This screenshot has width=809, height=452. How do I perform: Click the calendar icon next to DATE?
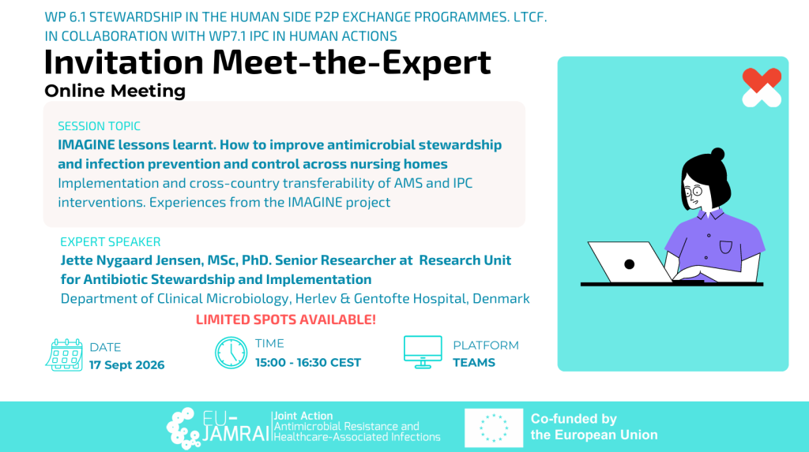pos(64,355)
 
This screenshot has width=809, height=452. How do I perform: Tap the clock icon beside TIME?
pos(231,353)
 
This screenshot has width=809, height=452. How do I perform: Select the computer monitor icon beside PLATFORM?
pos(423,352)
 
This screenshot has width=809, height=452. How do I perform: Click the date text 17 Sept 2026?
pos(127,365)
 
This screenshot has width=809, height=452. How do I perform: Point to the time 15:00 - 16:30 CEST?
pos(308,363)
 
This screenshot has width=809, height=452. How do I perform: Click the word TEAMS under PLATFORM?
pos(474,363)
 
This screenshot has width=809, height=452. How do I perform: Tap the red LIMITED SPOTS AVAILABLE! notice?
pos(286,319)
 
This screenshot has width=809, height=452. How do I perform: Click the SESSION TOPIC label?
pos(99,125)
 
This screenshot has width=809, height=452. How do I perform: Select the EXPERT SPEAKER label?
pos(111,241)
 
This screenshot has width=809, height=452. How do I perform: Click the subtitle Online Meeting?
pos(115,91)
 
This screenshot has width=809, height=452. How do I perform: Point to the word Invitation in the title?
pos(124,62)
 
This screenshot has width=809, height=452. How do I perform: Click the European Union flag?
pos(494,428)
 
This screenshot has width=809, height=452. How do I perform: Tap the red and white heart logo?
pos(762,88)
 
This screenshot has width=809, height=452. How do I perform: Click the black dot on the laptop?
pos(629,264)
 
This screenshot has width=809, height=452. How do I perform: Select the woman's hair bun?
pos(717,154)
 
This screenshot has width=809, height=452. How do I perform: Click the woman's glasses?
pos(693,192)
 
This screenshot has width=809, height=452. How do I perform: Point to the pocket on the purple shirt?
pos(726,248)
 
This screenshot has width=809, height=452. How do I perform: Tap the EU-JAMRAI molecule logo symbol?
pos(183,428)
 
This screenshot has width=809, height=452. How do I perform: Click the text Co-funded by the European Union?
pos(594,427)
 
